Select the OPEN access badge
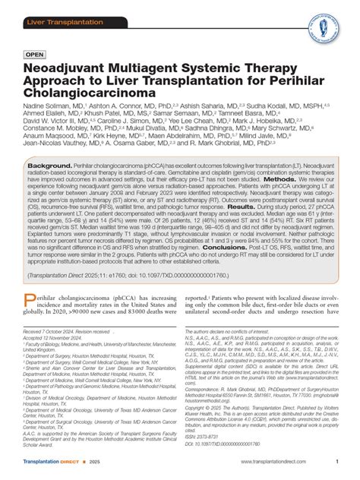38,55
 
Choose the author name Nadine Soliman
48,109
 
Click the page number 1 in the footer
335,473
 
